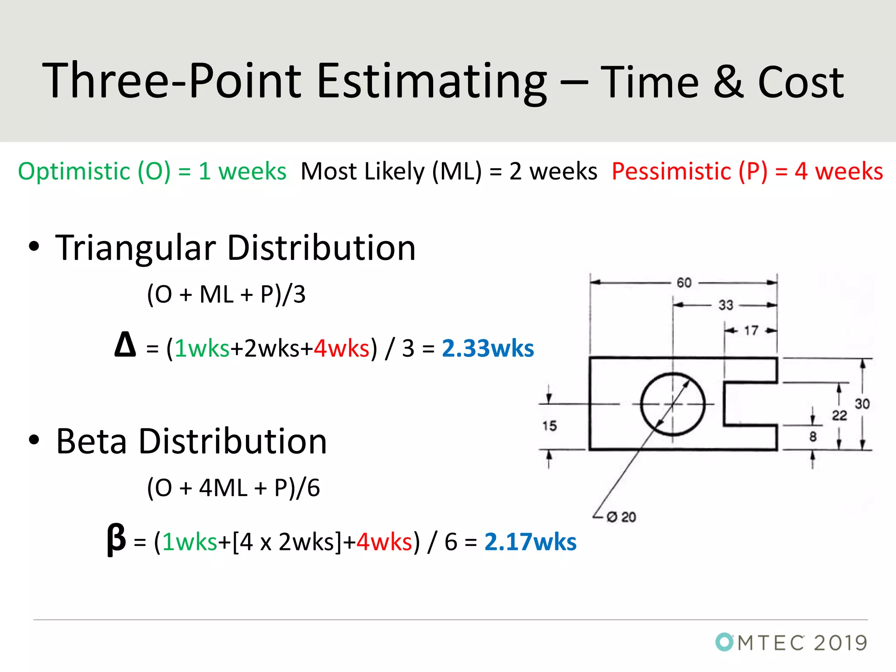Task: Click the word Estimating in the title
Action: point(431,82)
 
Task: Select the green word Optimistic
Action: point(74,171)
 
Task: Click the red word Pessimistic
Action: point(671,171)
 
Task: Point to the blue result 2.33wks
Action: point(488,349)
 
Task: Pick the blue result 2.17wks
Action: point(530,542)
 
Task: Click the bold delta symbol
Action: point(125,345)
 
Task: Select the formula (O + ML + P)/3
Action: point(226,294)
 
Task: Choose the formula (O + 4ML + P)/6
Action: point(233,488)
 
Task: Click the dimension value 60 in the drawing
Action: point(684,283)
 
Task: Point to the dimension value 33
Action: point(726,305)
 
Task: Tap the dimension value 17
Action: point(751,330)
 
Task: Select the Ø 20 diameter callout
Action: point(622,517)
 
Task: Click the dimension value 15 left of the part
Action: point(549,426)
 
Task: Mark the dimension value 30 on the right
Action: point(862,403)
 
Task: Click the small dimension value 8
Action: point(813,436)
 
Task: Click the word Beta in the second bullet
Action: point(91,441)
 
